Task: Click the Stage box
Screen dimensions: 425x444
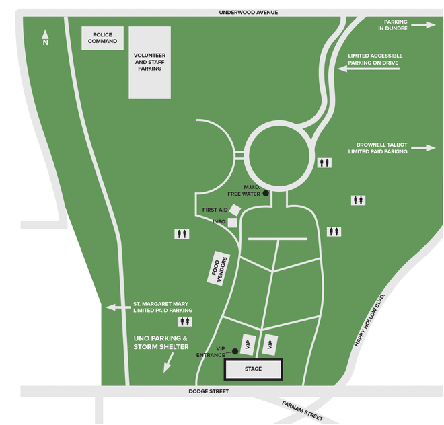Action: click(253, 369)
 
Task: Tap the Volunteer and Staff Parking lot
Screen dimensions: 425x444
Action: click(149, 63)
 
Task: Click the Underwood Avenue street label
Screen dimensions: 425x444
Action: click(248, 12)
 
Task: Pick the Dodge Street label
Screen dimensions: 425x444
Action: click(209, 391)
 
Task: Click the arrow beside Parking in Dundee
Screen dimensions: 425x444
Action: click(423, 24)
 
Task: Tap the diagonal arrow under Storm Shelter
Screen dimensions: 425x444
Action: click(167, 363)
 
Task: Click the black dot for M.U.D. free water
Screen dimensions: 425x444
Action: click(266, 193)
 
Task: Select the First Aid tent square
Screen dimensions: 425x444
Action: click(235, 210)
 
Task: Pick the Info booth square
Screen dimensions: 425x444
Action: click(233, 223)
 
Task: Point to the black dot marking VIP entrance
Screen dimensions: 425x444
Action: click(235, 351)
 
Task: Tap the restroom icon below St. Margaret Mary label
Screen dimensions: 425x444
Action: click(184, 321)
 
